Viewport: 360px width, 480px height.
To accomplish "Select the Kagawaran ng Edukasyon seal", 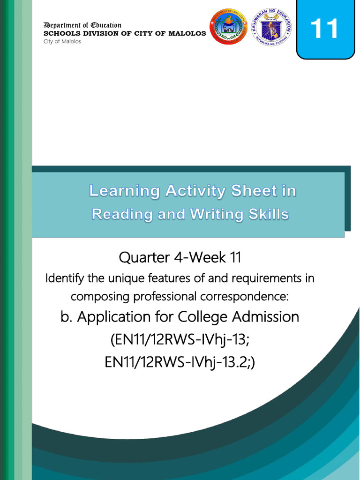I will pos(271,27).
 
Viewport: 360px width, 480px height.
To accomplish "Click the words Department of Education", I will pos(82,25).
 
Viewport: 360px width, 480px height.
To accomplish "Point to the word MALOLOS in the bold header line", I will pos(187,33).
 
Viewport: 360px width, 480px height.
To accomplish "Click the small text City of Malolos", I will pos(62,41).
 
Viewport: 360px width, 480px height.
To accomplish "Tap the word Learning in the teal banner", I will pos(124,191).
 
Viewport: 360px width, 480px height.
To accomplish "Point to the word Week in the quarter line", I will pos(202,257).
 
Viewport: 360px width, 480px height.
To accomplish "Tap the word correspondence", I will pos(239,297).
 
